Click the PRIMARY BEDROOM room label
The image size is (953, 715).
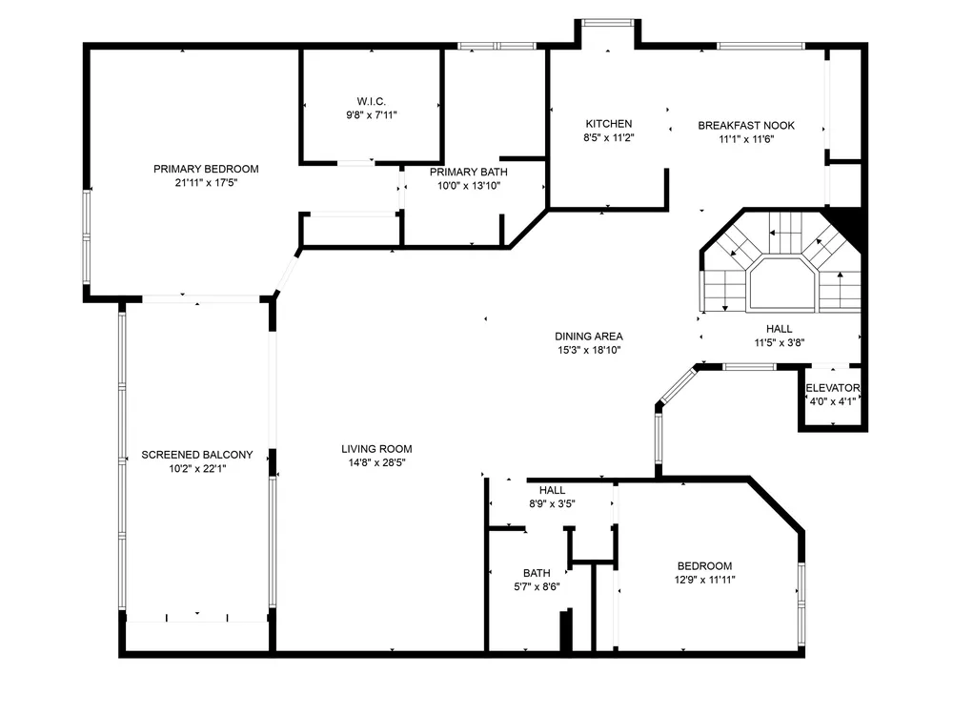click(206, 169)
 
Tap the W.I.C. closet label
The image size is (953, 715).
click(372, 102)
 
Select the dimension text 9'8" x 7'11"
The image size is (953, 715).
click(372, 115)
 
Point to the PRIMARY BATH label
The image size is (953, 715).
click(469, 172)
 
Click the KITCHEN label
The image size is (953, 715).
click(609, 124)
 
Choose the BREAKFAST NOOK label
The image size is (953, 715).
click(746, 126)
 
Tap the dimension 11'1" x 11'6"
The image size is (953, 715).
click(746, 139)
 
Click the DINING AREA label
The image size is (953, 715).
click(589, 337)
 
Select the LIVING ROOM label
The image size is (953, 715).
click(376, 449)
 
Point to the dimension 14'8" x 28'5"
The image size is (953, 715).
click(376, 462)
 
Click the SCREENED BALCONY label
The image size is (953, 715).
click(197, 455)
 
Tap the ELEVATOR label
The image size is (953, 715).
click(833, 388)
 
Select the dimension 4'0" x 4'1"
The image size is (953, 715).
click(833, 401)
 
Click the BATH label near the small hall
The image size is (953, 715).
click(537, 573)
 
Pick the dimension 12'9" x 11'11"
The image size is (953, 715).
click(705, 580)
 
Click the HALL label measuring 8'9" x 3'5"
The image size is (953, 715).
click(552, 490)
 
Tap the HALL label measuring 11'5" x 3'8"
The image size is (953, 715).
click(780, 329)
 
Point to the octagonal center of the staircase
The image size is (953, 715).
click(781, 284)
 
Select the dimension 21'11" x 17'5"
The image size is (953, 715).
click(206, 182)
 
